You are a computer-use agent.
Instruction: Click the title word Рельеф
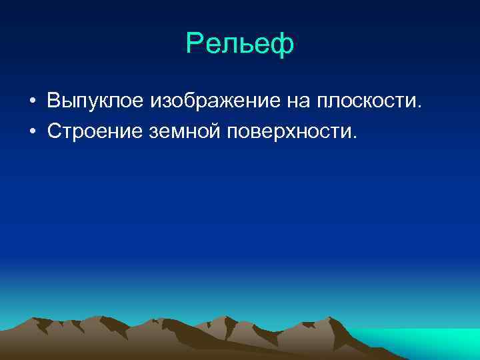(240, 45)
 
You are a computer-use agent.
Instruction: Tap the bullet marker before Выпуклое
(31, 102)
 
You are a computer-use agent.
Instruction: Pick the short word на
(292, 102)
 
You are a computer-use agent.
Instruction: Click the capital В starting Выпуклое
(53, 101)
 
